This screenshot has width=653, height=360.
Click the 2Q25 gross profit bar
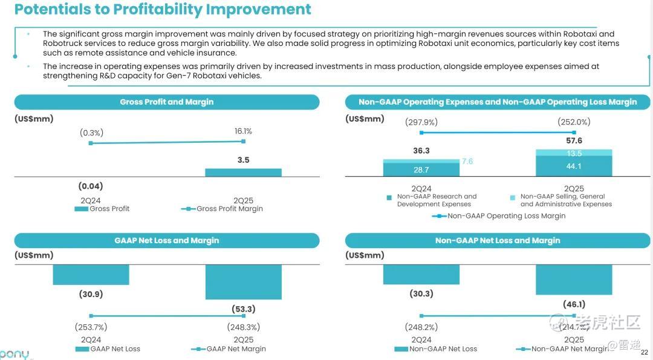[x=243, y=172]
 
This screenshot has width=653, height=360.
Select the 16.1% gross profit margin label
[x=243, y=131]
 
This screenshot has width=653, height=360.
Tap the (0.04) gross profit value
[x=91, y=186]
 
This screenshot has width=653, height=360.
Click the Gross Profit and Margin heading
[x=167, y=102]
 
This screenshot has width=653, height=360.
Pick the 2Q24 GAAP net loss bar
[x=91, y=275]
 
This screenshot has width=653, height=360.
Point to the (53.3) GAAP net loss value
[x=243, y=309]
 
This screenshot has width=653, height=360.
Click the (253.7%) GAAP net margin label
[x=91, y=327]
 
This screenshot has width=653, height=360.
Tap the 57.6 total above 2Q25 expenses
[x=574, y=141]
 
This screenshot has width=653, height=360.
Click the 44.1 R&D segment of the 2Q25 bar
[x=574, y=166]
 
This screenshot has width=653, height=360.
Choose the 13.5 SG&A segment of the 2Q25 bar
[x=574, y=154]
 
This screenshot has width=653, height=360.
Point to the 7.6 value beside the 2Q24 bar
[x=467, y=162]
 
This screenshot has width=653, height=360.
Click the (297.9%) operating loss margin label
[x=421, y=122]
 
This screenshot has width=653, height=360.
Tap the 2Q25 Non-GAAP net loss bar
[x=574, y=280]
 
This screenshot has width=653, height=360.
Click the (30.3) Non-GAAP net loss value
[x=421, y=294]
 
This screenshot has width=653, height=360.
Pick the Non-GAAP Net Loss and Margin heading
[x=498, y=241]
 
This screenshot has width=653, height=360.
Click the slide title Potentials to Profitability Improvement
[x=163, y=10]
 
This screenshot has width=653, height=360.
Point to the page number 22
[x=644, y=352]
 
